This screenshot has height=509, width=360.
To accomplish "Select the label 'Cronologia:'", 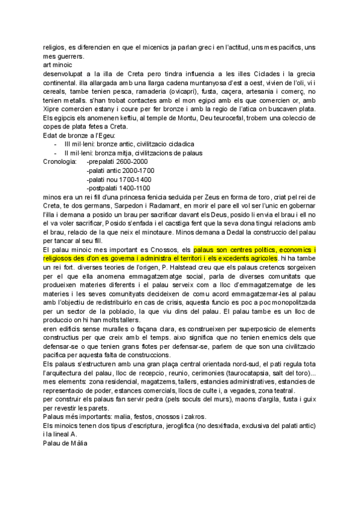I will pyautogui.click(x=60, y=162).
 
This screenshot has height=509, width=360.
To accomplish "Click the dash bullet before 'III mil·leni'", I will pyautogui.click(x=55, y=145).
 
